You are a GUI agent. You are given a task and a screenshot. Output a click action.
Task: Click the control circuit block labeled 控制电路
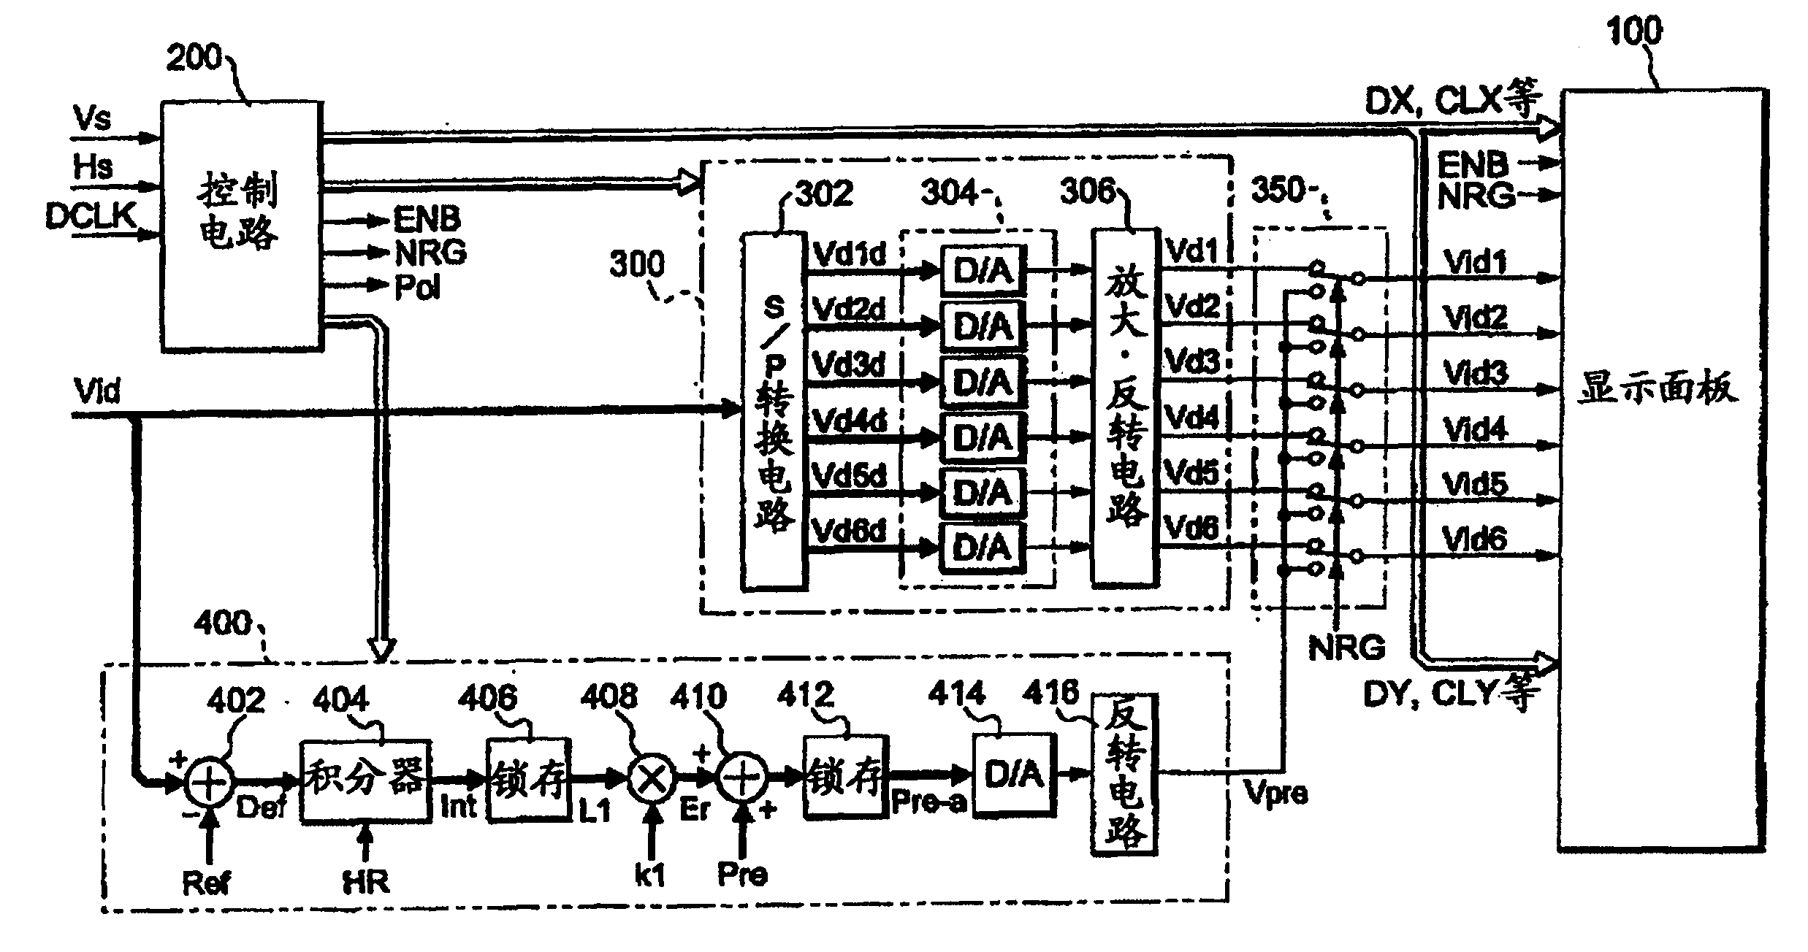[x=240, y=226]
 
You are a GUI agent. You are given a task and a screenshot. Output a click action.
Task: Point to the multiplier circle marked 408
[x=652, y=780]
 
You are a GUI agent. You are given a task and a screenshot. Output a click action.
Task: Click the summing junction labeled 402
[x=209, y=780]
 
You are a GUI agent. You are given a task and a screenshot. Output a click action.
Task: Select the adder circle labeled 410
[x=742, y=780]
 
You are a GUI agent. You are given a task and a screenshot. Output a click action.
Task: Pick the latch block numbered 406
[x=528, y=780]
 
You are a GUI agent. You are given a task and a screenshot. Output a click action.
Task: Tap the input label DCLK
[x=91, y=217]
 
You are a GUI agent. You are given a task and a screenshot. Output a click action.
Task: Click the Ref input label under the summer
[x=207, y=884]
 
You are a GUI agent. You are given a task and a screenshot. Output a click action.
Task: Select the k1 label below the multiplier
[x=650, y=875]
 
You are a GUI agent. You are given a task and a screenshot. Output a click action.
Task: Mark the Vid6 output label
[x=1475, y=540]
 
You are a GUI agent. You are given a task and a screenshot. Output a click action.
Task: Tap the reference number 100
[x=1634, y=31]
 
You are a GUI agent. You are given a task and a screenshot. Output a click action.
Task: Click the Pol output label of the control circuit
[x=418, y=288]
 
